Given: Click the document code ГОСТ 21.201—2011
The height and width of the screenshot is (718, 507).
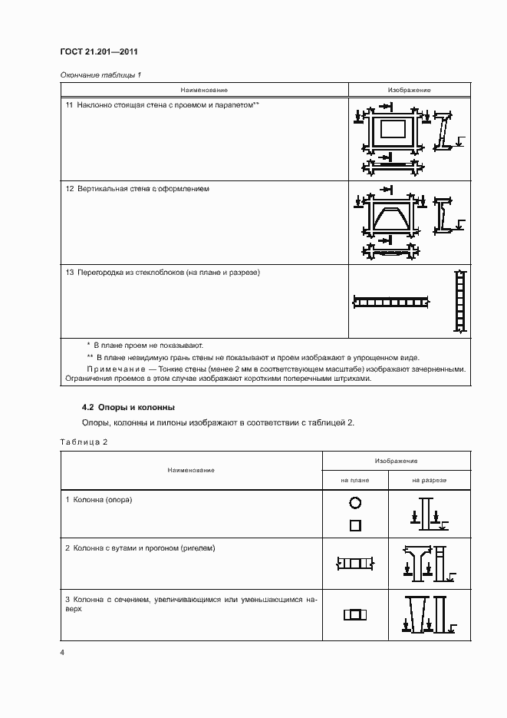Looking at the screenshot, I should tap(93, 52).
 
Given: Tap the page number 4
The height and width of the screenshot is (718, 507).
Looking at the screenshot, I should tap(62, 653).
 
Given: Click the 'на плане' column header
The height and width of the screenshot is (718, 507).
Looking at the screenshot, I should tap(355, 479).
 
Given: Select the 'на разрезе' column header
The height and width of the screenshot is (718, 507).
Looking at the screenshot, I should tap(429, 479).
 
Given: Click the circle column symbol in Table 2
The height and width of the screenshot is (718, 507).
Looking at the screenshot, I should tap(354, 504).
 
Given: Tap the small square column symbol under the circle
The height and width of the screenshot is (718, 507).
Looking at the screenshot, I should tap(354, 526).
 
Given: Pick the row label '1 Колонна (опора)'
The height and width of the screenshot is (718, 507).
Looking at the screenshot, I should tap(99, 500).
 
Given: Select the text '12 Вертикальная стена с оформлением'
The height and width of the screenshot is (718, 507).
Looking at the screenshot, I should tap(138, 188).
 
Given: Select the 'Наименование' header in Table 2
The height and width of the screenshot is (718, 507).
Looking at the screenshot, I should tap(192, 469).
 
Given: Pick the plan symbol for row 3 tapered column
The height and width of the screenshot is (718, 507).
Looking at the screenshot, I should tap(354, 614).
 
